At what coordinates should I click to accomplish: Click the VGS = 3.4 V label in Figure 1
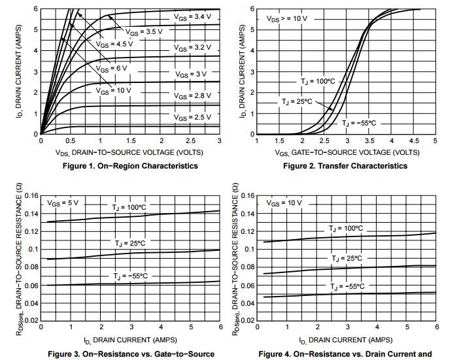click(192, 15)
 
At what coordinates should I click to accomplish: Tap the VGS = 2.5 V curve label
click(192, 117)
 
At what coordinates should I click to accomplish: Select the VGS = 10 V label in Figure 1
click(114, 90)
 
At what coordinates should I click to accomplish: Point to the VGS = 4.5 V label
click(114, 44)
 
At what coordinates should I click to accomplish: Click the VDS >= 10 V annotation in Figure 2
click(286, 18)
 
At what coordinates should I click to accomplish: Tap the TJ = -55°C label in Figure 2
click(361, 123)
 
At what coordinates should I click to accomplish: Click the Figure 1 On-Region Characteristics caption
click(130, 166)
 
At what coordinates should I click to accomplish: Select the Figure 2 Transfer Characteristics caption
click(345, 166)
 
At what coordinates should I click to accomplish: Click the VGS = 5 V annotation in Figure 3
click(63, 203)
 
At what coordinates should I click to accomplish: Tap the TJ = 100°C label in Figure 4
click(346, 229)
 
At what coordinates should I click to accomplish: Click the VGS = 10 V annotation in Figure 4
click(284, 203)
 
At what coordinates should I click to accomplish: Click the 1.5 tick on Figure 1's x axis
click(130, 141)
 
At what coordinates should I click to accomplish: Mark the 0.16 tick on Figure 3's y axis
click(31, 195)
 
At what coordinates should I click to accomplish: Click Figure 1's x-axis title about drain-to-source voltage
click(129, 152)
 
